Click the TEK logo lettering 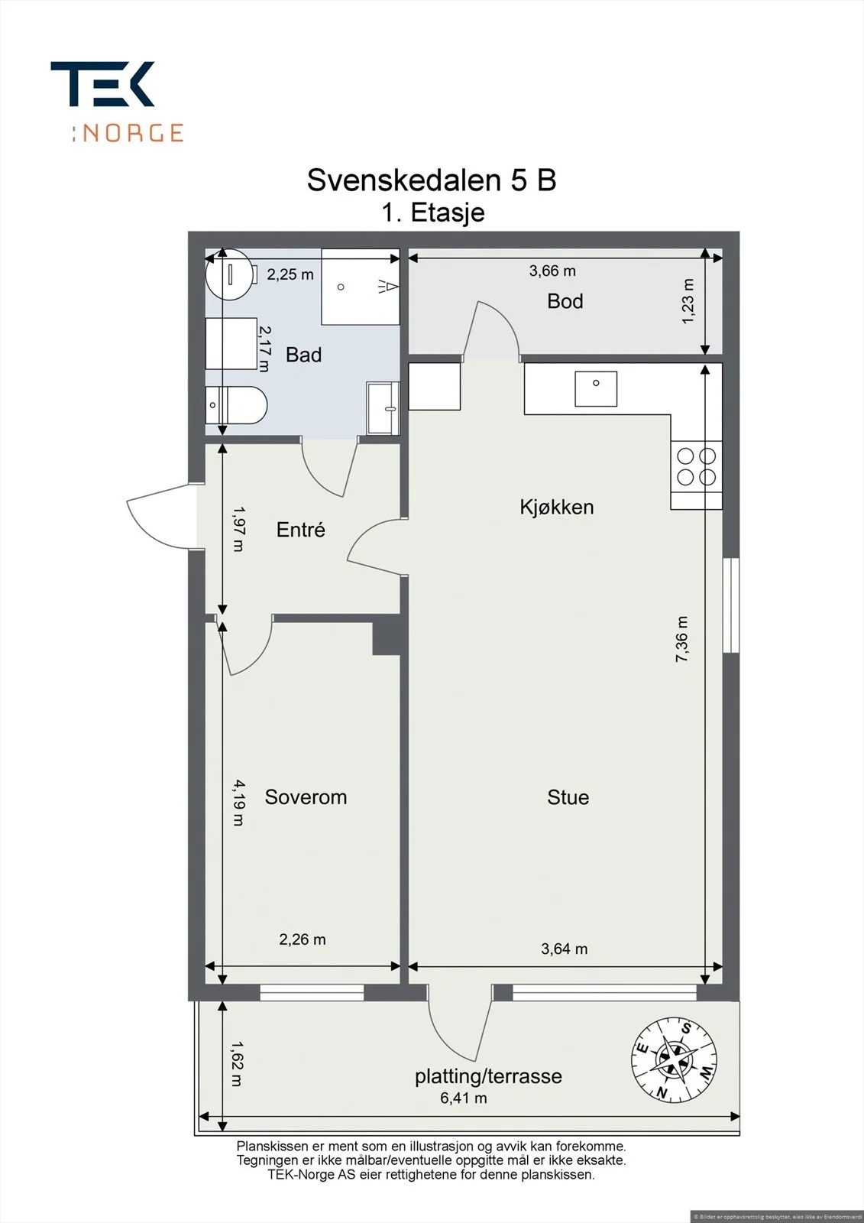[102, 83]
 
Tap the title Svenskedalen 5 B [431, 180]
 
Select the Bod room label [565, 301]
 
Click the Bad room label [303, 355]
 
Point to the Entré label [301, 529]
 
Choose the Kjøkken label [557, 507]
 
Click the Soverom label [306, 797]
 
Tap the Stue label [568, 797]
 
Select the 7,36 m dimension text [682, 639]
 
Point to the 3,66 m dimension [552, 271]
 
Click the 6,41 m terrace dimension [464, 1098]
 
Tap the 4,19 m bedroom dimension [238, 802]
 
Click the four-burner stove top [697, 466]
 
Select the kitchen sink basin [596, 389]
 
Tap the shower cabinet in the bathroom [361, 287]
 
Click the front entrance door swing [158, 515]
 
